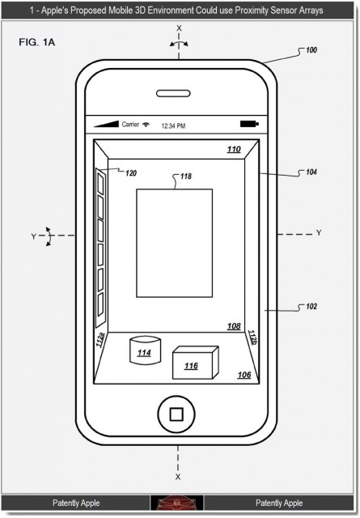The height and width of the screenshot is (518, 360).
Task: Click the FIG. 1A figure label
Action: [x=36, y=42]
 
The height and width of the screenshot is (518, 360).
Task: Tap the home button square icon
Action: [x=176, y=414]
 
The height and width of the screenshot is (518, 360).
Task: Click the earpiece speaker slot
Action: [x=173, y=94]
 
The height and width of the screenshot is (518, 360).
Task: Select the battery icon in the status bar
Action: [x=249, y=124]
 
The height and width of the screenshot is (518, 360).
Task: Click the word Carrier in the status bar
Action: [x=130, y=124]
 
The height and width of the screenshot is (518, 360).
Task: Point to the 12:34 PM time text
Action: [x=173, y=126]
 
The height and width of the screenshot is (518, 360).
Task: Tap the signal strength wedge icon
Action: [x=106, y=124]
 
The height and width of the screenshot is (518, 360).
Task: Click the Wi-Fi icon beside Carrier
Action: [x=146, y=124]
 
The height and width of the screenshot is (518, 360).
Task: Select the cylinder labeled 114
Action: [x=145, y=350]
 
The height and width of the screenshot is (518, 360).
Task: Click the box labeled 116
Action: [x=196, y=363]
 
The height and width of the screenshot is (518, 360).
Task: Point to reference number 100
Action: [x=311, y=50]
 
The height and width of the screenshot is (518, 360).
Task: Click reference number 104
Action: [x=311, y=172]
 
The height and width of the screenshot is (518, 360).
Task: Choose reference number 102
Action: [x=311, y=307]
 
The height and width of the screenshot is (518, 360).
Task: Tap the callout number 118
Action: [x=186, y=176]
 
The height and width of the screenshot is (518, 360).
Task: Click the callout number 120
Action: [x=131, y=173]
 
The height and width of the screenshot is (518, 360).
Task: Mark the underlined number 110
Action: [x=234, y=149]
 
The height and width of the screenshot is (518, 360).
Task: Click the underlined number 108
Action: [x=234, y=326]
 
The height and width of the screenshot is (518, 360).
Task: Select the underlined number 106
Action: [x=244, y=375]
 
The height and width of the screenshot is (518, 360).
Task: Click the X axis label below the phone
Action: [x=178, y=477]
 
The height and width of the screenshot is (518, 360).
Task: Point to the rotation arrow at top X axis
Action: [x=179, y=43]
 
